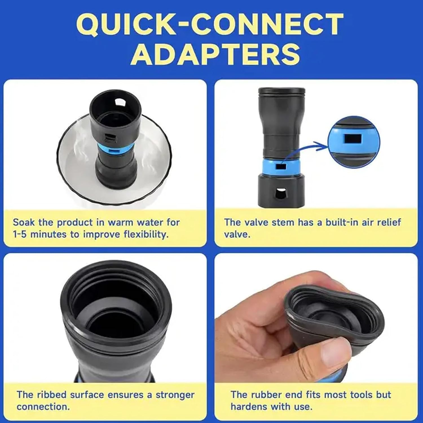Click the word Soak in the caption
point(24,222)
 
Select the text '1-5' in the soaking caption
point(20,234)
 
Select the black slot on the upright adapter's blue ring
point(281,167)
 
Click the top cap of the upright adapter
point(282,91)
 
